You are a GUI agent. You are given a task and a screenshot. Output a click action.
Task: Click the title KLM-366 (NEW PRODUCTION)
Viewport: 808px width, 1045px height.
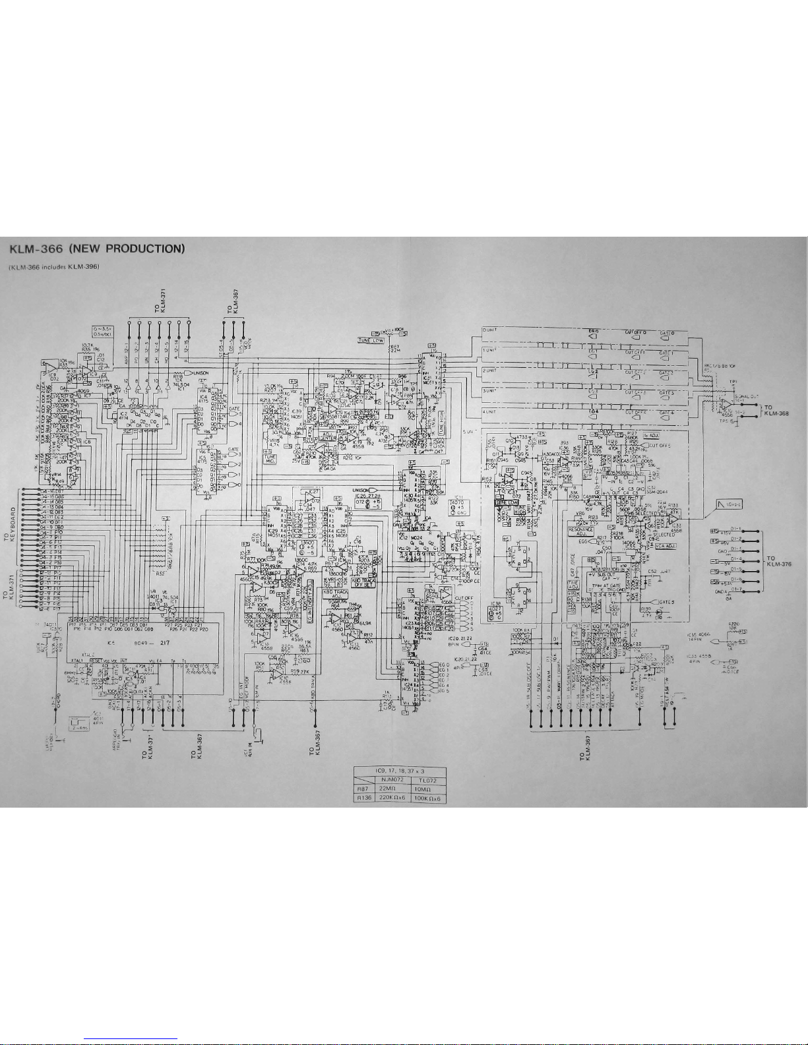click(x=96, y=249)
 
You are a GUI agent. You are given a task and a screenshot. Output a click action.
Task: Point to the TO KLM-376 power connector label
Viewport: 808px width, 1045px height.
click(x=782, y=561)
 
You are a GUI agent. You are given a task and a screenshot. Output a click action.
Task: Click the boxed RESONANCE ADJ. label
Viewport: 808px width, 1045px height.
click(x=581, y=531)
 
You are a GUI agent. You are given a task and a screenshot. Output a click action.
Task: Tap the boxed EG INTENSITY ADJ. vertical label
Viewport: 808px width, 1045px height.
click(x=310, y=587)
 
